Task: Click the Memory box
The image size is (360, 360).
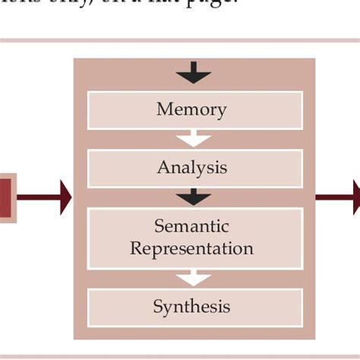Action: [x=195, y=110]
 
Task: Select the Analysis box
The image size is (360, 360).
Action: [x=195, y=167]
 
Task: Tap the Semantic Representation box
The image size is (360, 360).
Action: [x=195, y=238]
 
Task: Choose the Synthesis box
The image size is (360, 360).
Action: [x=195, y=307]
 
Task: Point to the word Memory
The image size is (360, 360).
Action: [x=191, y=109]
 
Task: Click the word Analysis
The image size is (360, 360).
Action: [x=191, y=167]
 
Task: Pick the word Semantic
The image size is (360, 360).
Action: [x=191, y=226]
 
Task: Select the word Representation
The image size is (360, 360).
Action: [x=191, y=249]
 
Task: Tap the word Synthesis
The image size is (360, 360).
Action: [x=191, y=307]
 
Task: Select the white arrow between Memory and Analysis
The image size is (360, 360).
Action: [x=194, y=138]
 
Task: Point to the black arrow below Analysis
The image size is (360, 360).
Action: [x=194, y=197]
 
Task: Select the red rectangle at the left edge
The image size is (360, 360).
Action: [x=6, y=198]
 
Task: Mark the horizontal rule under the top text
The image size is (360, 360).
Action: [x=180, y=40]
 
